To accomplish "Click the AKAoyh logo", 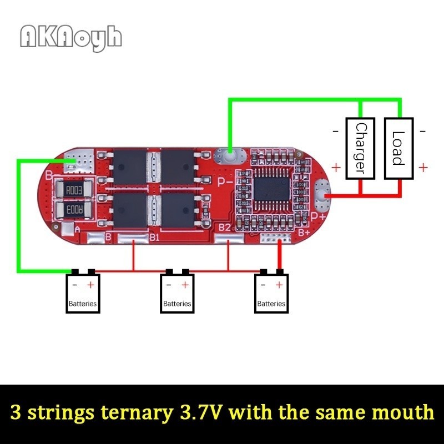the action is point(71,38).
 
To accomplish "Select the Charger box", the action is point(360,149).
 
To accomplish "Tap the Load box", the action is point(398,149).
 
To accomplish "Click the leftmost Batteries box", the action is point(83,294).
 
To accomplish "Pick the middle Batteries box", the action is point(177,294).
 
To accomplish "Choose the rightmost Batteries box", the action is point(271,294).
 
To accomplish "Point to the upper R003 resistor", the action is point(74,190).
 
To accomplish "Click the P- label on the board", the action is point(225,183).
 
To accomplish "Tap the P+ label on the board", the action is point(318,217).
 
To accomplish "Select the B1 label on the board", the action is point(154,238).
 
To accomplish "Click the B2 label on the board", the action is point(225,228).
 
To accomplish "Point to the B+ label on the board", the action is point(304,233).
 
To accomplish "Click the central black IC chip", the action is point(272,189).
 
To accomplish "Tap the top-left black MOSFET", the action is point(130,168).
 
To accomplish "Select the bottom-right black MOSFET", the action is point(178,210).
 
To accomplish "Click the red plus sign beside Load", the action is point(423,168).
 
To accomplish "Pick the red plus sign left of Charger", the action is point(336,168).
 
